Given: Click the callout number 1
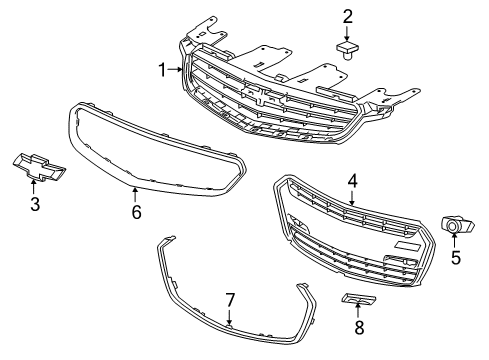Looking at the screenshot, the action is [x=163, y=69].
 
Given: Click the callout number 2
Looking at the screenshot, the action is [x=348, y=15].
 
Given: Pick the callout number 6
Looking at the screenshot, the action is [x=137, y=211].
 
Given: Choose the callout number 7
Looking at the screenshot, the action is [x=229, y=298].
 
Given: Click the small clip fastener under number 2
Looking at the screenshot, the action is [x=348, y=49].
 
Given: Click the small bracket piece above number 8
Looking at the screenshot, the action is [x=358, y=300].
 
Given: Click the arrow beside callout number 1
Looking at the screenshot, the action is [x=177, y=69].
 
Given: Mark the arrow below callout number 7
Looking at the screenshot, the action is [x=229, y=317].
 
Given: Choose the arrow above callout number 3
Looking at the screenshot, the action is [x=34, y=191].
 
